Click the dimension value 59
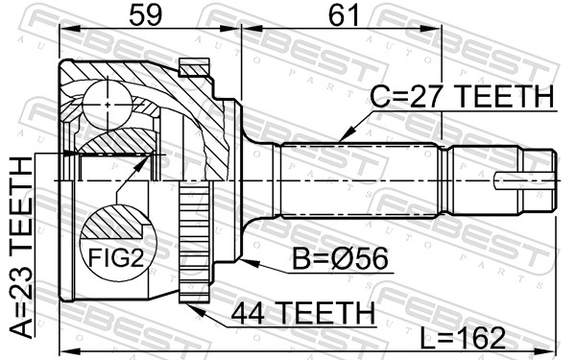pos(146,16)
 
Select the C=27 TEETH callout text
pos(462,96)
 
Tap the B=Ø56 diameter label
pos(340,258)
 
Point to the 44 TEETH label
pos(303,313)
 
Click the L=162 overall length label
pos(463,338)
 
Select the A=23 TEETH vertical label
pos(21,247)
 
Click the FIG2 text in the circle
pos(116,258)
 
